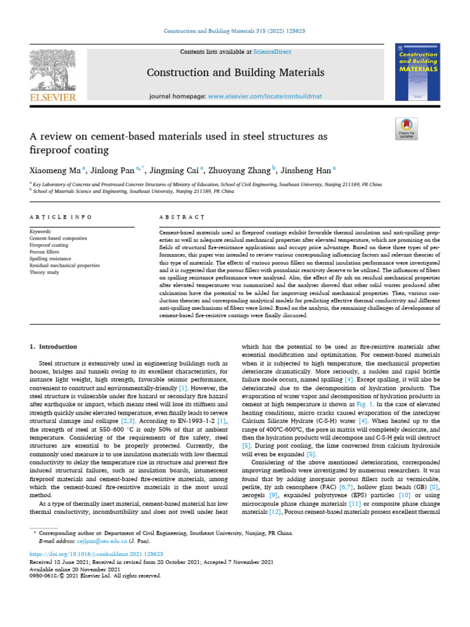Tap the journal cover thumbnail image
pyautogui.click(x=417, y=72)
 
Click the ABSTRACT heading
pyautogui.click(x=182, y=217)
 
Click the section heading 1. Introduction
pyautogui.click(x=54, y=347)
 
